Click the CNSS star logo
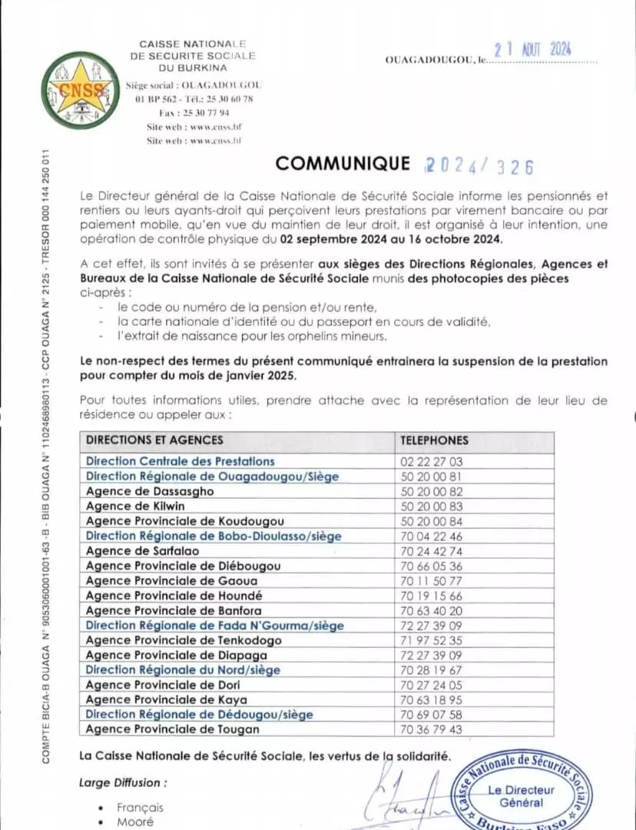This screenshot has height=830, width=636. [81, 91]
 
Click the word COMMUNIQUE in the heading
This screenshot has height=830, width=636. [343, 163]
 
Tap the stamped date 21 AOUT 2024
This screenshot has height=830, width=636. [533, 50]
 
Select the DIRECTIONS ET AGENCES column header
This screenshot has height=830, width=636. [154, 440]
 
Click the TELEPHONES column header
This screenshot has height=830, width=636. [434, 440]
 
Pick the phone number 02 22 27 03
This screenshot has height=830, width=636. [431, 461]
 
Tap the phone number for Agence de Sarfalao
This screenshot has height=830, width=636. [431, 551]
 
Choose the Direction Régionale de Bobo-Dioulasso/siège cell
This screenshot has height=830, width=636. [214, 536]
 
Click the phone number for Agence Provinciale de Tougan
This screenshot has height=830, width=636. [431, 729]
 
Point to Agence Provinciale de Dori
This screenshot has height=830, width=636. [163, 685]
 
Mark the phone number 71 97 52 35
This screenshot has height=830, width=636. [431, 640]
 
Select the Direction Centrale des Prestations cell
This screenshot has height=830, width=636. [180, 461]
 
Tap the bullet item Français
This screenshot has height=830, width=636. [140, 808]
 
